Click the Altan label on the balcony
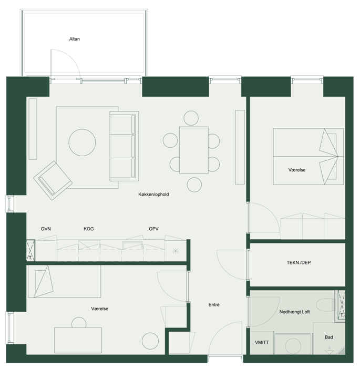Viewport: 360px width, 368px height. tap(75, 39)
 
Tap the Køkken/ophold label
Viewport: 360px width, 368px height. tap(153, 195)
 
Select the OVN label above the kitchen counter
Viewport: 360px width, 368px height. tap(46, 229)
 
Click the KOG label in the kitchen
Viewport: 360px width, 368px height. tap(89, 229)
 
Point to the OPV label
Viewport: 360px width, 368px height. tap(153, 229)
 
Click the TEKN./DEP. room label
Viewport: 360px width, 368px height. tap(299, 263)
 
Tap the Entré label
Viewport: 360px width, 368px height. tap(214, 304)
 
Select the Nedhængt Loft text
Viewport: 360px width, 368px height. tap(294, 312)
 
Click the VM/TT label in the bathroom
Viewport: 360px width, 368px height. tap(262, 342)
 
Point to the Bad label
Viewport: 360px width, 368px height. tap(329, 338)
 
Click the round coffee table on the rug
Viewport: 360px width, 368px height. tap(82, 142)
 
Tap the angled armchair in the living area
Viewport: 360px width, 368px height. tap(53, 180)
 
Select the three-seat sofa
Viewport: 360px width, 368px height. tap(124, 146)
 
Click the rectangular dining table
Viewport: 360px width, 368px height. tap(194, 150)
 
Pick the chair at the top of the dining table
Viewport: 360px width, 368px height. tap(191, 118)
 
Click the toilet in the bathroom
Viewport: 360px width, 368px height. tap(325, 305)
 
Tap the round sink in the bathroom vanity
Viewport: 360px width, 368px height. tap(293, 346)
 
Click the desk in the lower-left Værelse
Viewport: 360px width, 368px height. tap(78, 340)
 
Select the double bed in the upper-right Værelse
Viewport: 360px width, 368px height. tap(308, 156)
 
